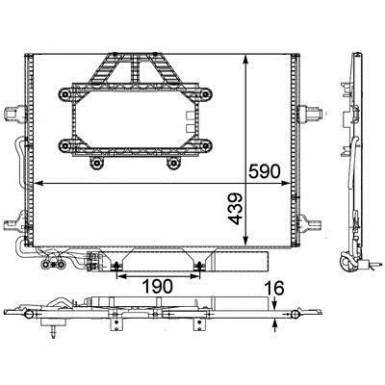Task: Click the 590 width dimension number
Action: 265,171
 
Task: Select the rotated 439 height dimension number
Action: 235,209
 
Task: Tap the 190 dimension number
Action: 157,286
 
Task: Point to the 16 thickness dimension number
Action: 274,288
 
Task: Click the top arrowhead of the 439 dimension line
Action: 245,60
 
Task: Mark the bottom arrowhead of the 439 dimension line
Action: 245,242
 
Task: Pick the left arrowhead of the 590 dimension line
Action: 38,183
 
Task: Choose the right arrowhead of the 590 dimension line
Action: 285,183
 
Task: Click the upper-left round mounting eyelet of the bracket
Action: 66,94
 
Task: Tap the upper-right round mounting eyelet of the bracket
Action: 205,94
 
